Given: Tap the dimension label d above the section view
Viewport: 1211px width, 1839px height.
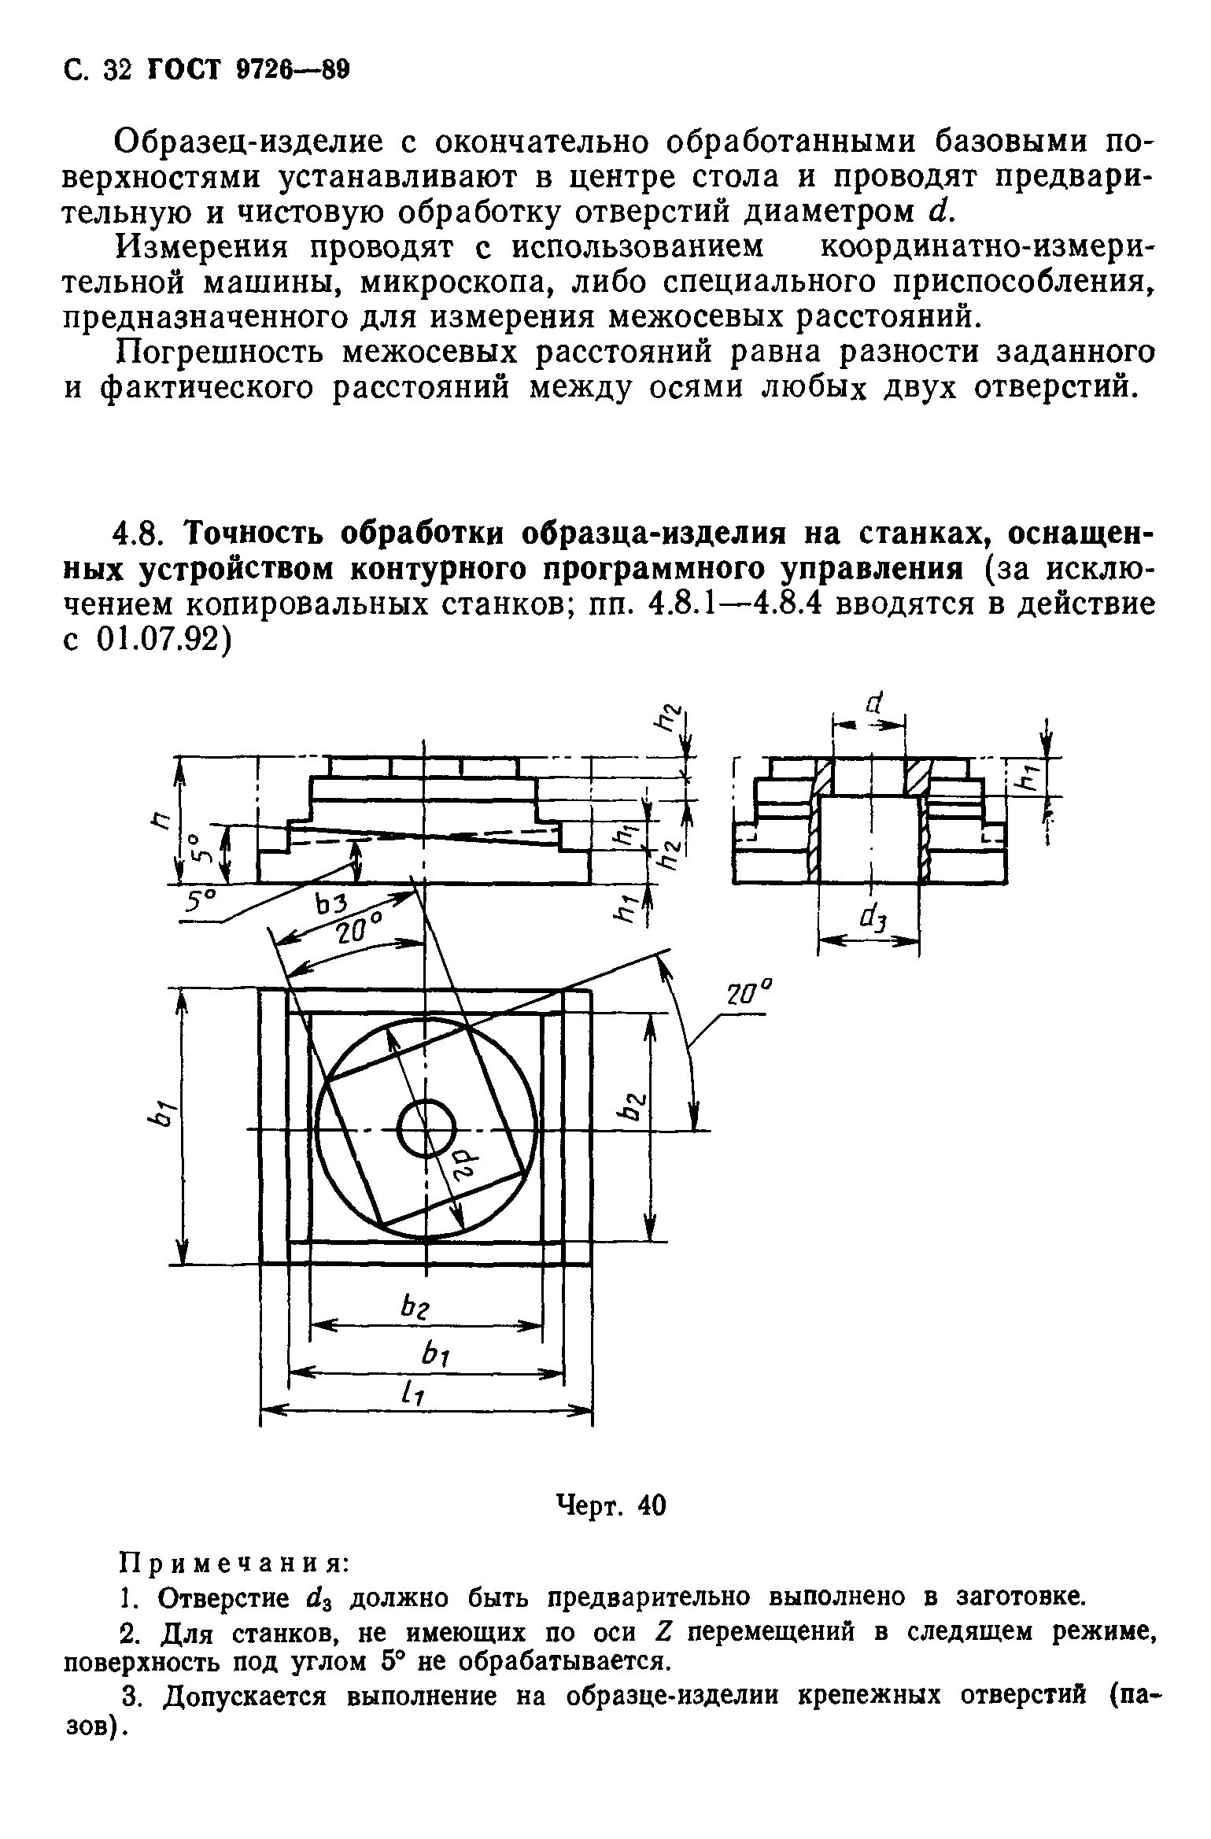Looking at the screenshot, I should [873, 703].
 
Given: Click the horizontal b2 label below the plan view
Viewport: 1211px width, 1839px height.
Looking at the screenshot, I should [414, 1308].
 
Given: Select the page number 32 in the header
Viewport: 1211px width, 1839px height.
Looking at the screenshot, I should [116, 72].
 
